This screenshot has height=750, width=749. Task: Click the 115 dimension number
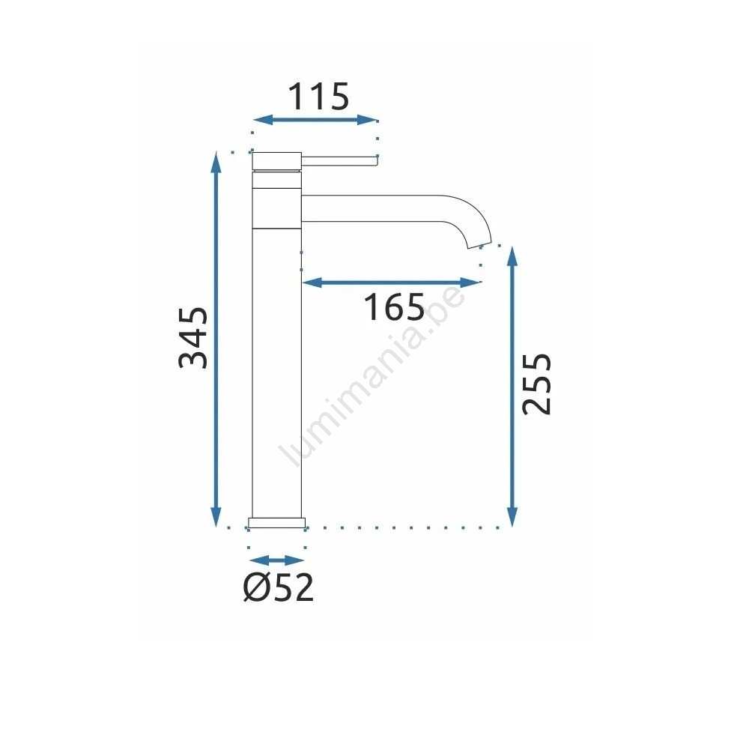click(318, 97)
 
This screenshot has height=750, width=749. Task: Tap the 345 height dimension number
click(193, 338)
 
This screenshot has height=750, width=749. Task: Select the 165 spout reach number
click(394, 306)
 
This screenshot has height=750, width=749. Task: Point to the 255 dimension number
click(536, 384)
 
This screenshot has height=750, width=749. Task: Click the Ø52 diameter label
click(279, 587)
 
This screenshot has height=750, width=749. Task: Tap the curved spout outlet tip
click(479, 245)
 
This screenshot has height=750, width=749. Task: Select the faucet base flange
click(277, 523)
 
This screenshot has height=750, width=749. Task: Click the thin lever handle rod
click(339, 160)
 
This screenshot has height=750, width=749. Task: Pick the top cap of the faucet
click(277, 160)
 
